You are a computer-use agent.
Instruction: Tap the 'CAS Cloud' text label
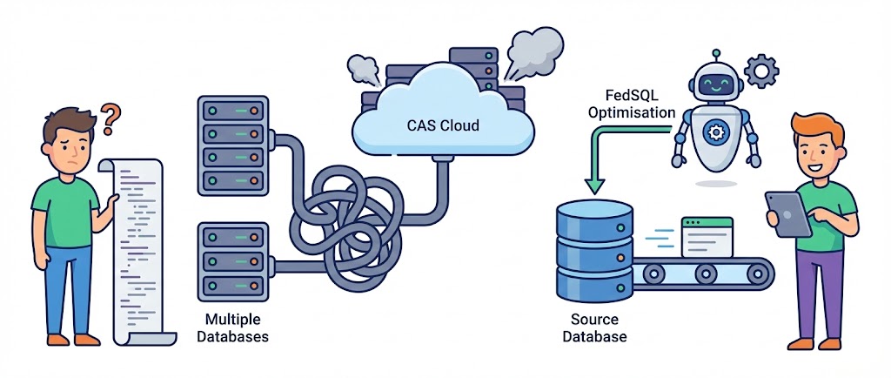443,125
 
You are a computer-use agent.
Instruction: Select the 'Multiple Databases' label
232,327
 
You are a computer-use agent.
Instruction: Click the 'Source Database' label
594,327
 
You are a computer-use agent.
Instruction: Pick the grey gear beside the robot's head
763,69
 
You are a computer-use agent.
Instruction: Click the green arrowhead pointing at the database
595,186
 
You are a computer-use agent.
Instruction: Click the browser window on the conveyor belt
707,236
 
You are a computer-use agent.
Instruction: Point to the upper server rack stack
232,145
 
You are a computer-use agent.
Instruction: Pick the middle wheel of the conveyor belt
703,275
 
